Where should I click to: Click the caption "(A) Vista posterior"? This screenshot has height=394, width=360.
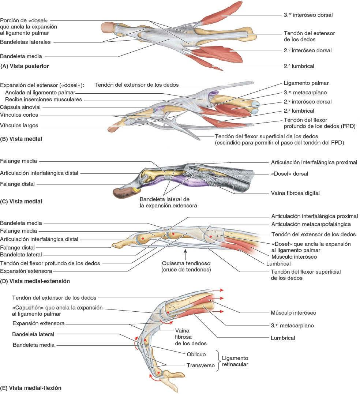25,66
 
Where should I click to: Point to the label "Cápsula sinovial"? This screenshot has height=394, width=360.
20,107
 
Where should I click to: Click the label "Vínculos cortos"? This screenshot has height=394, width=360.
19,115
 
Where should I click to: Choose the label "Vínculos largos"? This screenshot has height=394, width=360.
19,125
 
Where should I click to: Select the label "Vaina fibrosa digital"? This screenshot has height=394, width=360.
295,193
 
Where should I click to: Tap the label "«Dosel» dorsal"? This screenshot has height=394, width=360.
289,174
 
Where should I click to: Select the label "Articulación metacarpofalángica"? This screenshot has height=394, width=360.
311,224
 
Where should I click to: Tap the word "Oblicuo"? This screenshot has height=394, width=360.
196,354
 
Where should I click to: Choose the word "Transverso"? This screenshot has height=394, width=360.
200,365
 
